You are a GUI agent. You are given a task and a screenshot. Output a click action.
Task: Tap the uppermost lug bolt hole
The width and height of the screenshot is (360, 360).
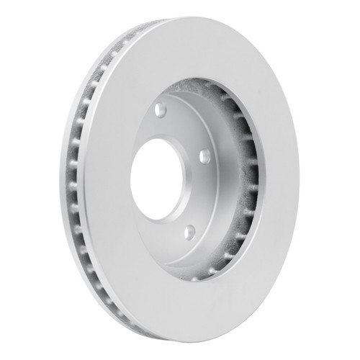(x=160, y=109)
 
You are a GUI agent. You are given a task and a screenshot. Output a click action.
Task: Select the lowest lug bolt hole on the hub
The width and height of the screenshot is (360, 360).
(x=189, y=232)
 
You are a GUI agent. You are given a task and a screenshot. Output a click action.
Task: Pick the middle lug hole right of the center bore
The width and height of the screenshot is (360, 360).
(x=204, y=156)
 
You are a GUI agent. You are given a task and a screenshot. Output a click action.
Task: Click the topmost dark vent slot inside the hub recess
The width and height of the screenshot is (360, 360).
(x=216, y=91)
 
